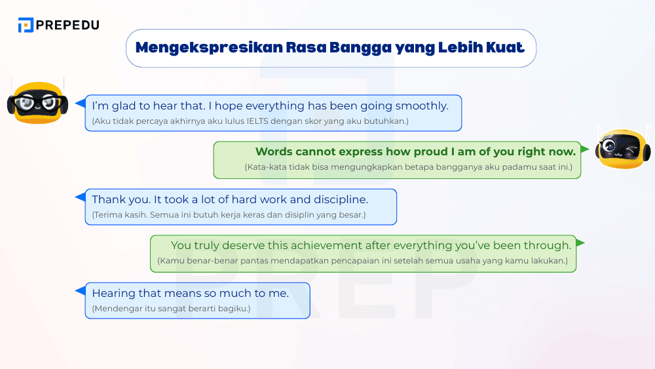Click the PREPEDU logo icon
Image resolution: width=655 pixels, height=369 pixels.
tap(26, 25)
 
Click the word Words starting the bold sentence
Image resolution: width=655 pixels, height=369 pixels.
tap(274, 151)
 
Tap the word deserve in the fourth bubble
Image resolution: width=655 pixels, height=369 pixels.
tap(244, 245)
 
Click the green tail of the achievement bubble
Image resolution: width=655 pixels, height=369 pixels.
tap(580, 243)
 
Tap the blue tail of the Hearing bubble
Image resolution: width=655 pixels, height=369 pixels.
tap(80, 291)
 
